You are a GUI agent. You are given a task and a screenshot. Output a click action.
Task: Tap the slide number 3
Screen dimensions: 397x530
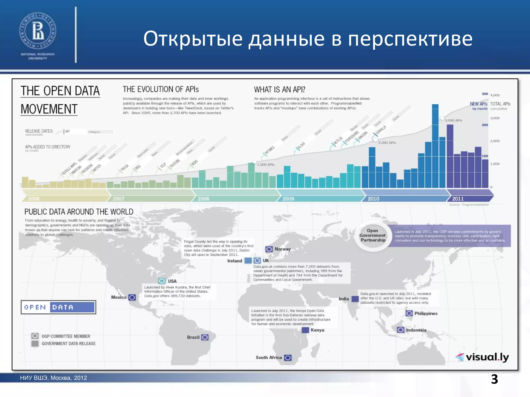494,379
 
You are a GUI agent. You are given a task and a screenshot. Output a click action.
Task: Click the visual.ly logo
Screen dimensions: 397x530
482,357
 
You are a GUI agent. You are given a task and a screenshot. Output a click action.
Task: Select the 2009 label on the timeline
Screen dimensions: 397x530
288,199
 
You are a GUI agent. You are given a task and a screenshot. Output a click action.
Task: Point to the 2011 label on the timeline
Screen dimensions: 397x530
458,199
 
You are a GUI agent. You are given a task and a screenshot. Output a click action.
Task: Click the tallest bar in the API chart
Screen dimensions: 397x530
435,146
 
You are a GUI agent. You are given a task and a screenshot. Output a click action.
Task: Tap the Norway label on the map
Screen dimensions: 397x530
283,249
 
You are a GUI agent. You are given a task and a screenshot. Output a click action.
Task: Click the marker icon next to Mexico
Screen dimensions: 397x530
132,297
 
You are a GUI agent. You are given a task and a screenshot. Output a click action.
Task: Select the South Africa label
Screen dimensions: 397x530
269,357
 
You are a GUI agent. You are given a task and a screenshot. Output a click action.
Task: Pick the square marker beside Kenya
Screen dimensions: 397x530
305,330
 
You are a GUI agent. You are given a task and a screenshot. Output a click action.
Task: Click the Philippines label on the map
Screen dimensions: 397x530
426,314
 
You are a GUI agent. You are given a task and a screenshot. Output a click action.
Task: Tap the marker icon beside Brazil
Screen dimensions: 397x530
205,337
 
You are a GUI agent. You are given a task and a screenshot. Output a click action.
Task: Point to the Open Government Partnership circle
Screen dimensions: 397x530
373,235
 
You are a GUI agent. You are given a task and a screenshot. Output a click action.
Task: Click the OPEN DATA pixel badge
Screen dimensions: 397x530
58,307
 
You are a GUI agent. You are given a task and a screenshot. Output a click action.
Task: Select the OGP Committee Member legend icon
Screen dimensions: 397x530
35,336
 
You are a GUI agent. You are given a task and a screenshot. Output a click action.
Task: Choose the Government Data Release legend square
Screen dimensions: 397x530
35,343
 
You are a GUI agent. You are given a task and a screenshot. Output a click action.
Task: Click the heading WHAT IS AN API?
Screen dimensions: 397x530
279,89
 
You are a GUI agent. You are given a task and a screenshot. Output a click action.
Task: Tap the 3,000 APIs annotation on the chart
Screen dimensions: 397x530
453,120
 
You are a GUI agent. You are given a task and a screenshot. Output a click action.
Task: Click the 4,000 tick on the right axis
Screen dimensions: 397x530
495,95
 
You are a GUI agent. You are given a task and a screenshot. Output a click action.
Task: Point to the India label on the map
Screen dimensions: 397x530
344,299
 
